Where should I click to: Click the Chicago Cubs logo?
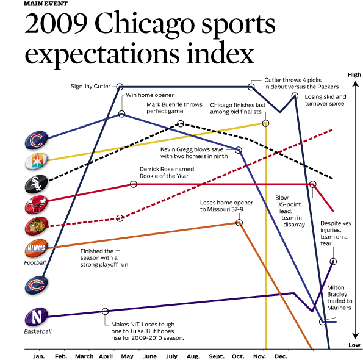click(37, 140)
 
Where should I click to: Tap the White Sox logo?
click(37, 184)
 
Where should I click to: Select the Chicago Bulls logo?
click(37, 204)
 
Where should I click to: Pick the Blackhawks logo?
click(37, 226)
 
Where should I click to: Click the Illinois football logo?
click(37, 248)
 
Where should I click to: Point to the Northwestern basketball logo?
click(37, 317)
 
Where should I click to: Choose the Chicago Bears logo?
click(37, 285)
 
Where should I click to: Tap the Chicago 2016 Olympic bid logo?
click(37, 161)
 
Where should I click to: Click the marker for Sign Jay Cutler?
click(120, 87)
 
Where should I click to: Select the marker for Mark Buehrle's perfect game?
click(181, 123)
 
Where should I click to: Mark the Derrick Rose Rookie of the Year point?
click(134, 184)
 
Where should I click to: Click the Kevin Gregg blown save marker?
click(239, 150)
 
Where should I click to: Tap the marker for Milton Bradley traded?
click(323, 322)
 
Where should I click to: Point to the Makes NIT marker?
click(105, 311)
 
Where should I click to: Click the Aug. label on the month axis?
click(193, 356)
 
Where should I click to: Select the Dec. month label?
click(281, 356)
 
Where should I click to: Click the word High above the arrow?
click(354, 75)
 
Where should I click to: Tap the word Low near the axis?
click(354, 345)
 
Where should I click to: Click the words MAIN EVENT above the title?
click(46, 4)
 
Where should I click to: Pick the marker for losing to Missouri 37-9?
click(239, 223)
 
